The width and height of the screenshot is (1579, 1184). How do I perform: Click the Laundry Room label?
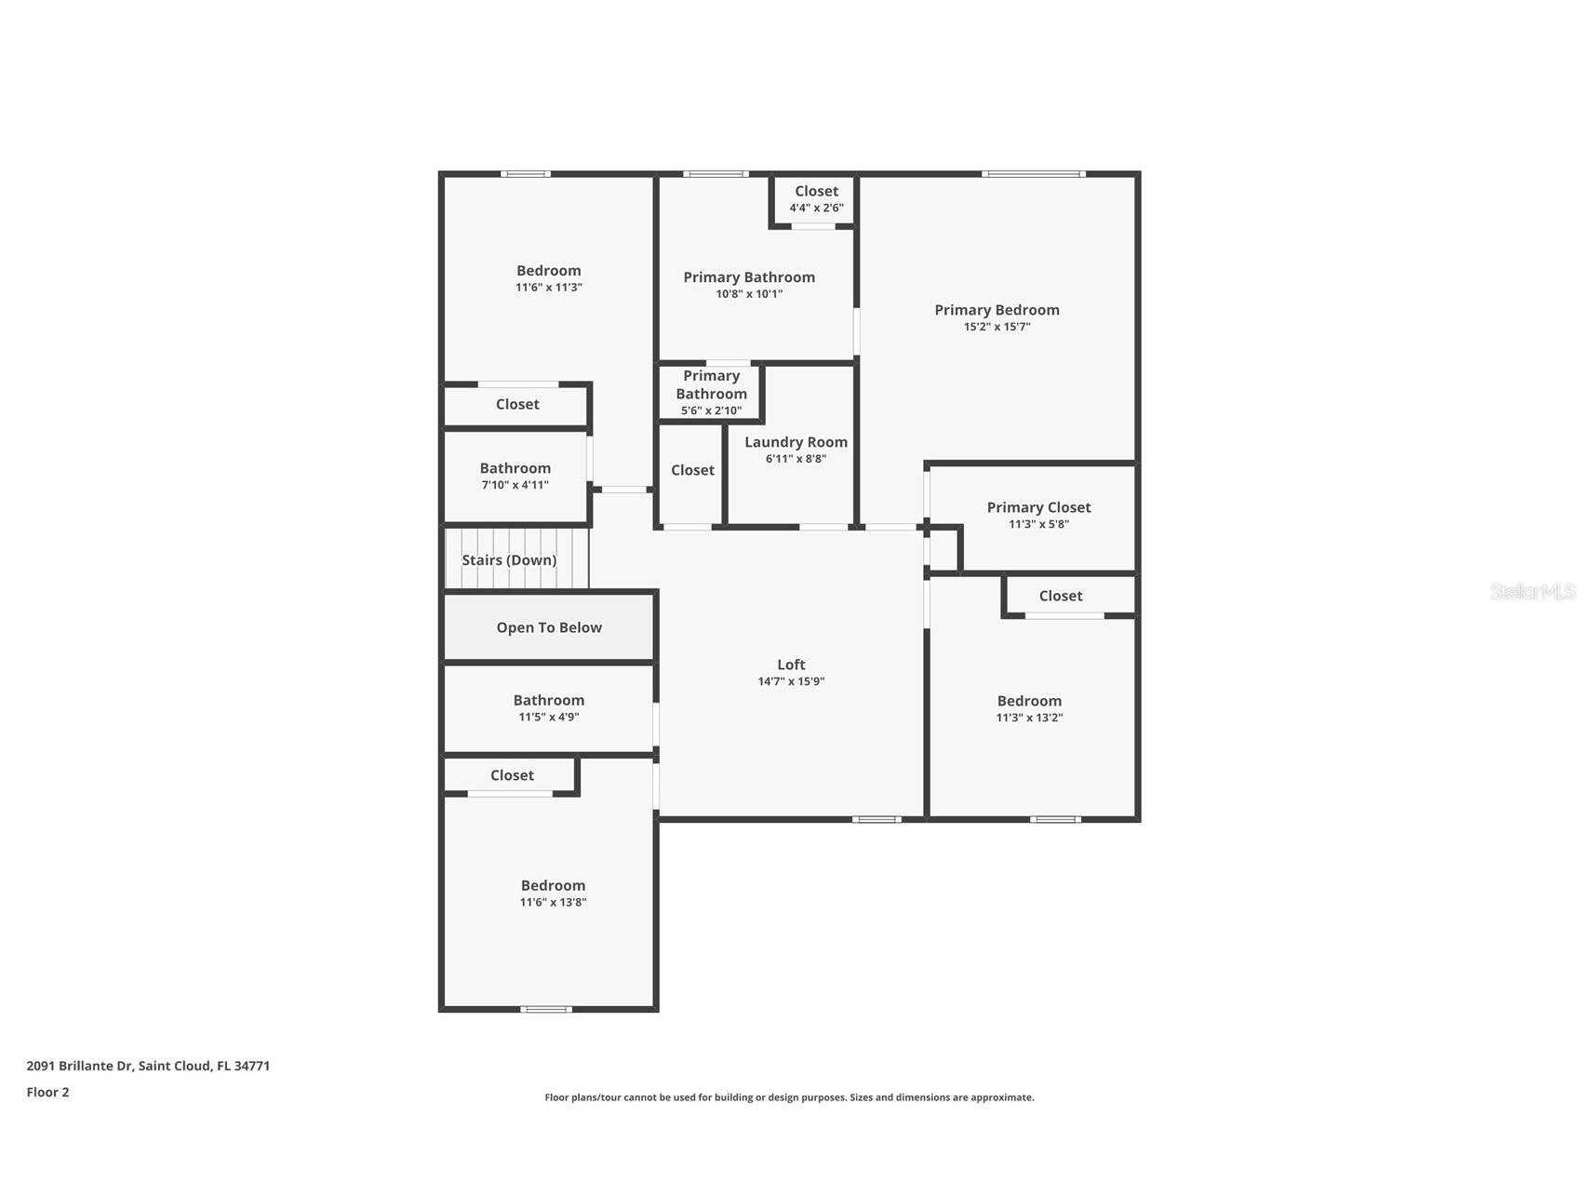click(796, 442)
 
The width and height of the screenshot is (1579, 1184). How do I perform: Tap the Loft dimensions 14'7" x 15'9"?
click(791, 681)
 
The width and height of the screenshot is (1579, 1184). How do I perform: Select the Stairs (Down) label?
click(509, 560)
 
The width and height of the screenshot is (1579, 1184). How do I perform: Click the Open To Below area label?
click(549, 627)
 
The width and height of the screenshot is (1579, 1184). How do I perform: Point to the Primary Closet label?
click(1038, 507)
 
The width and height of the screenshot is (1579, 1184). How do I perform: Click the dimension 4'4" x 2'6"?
click(816, 209)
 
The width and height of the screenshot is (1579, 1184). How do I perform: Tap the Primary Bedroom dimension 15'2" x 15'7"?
click(997, 327)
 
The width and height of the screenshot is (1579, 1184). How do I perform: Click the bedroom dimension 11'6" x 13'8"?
click(553, 902)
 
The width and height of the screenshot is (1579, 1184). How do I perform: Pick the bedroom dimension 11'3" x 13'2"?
click(1029, 718)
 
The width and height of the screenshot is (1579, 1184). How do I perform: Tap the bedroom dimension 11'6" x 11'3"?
click(549, 288)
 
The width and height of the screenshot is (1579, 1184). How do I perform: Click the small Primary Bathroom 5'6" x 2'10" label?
click(711, 393)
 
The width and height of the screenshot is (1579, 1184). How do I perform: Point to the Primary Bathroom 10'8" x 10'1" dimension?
click(749, 294)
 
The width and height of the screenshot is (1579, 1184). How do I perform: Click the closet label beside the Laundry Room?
click(692, 470)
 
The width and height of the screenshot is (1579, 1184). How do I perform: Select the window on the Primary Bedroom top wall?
click(1033, 174)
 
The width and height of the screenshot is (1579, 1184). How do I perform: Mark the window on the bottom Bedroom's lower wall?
click(546, 1009)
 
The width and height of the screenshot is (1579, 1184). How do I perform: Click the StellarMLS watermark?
click(1532, 591)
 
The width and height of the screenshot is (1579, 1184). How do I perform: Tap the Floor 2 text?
click(47, 1092)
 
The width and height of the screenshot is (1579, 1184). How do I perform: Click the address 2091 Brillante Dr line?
click(148, 1066)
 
